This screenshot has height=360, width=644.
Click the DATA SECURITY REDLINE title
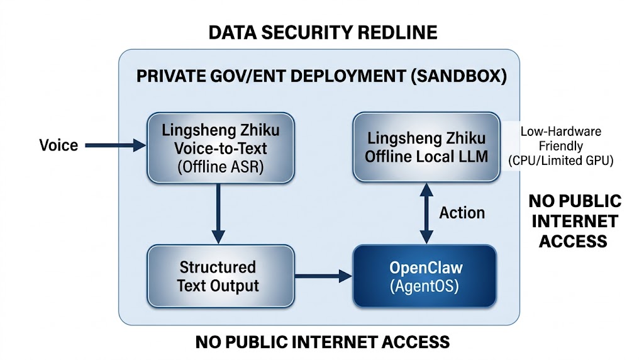point(323,32)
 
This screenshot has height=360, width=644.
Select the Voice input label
point(58,145)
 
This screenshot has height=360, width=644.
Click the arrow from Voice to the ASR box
point(114,146)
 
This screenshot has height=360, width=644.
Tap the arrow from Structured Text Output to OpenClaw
point(321,276)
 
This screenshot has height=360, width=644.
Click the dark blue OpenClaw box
point(425,276)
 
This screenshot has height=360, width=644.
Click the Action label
point(462,212)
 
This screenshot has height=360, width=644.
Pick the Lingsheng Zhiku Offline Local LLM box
point(426,147)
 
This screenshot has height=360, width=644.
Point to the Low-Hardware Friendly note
point(560,138)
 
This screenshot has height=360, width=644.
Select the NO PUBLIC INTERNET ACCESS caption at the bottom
point(323,342)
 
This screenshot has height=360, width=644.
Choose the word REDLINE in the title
point(394,32)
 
